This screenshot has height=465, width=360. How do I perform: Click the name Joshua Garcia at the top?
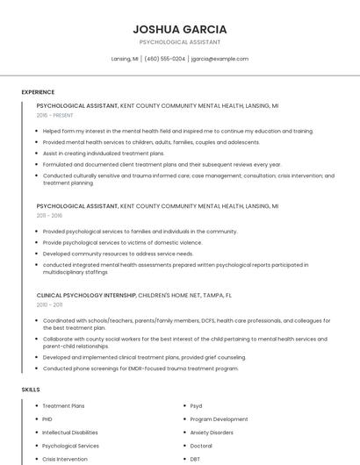click(179, 29)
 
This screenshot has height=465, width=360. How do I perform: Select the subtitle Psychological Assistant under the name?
click(179, 42)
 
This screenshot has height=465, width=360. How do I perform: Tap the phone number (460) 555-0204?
click(164, 59)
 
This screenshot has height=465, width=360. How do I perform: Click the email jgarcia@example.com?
click(220, 59)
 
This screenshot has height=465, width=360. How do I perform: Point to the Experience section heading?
click(38, 92)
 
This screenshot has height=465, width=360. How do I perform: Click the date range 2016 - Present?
click(55, 115)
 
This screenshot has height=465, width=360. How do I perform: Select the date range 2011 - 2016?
click(49, 215)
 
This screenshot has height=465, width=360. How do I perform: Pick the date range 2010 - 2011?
click(49, 305)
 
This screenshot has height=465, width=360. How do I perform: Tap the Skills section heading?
click(31, 389)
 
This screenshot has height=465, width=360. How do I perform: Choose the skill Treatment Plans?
click(64, 406)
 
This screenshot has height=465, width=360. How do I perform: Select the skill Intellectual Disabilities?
click(70, 433)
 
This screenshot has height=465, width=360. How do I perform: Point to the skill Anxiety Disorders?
click(212, 433)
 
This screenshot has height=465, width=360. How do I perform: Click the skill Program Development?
click(219, 419)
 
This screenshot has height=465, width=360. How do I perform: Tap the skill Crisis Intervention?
click(65, 459)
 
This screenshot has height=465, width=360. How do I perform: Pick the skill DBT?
click(195, 459)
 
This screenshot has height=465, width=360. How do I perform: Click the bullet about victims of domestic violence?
click(122, 243)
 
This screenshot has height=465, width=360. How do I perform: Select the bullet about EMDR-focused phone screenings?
click(140, 368)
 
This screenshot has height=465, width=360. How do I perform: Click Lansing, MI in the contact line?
click(125, 59)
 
